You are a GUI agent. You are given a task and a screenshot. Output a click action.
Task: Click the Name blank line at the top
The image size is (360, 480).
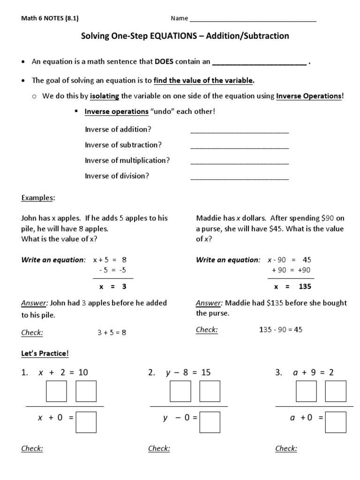tap(253, 20)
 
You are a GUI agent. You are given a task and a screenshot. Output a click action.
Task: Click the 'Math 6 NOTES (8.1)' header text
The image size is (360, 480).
tap(50, 18)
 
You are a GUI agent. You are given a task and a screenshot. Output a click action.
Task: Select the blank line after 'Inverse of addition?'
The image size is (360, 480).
tap(240, 132)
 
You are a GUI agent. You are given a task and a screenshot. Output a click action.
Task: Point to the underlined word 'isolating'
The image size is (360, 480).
tap(105, 96)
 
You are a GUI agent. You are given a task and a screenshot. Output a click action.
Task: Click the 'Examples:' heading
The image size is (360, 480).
tap(38, 198)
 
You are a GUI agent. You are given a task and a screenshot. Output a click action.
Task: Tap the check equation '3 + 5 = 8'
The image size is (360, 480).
tap(112, 332)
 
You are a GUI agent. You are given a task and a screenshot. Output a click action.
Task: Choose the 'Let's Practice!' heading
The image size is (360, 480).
tap(45, 352)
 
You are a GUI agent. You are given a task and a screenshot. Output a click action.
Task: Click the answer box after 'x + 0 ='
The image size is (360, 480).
tap(86, 422)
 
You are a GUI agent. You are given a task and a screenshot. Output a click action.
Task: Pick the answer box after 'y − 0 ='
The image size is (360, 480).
tap(210, 422)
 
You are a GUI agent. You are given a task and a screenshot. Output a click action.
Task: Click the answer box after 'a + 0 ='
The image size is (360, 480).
tap(336, 422)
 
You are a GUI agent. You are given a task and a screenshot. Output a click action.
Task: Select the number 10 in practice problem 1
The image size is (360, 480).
tap(83, 373)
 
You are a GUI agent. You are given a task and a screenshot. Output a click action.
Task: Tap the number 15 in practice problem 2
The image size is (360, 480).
tap(206, 373)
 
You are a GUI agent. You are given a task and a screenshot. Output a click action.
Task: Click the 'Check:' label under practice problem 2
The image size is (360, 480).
tap(159, 449)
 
